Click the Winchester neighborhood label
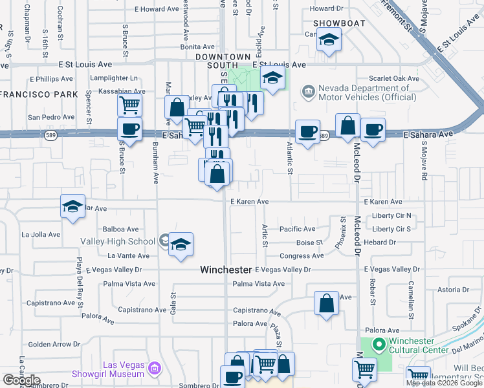[x=225, y=269]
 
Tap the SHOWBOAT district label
[x=339, y=23]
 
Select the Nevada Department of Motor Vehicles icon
[x=308, y=93]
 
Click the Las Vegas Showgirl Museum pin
[x=154, y=369]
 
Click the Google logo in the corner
[x=21, y=380]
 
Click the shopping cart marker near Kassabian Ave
[x=130, y=104]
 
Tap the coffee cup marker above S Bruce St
[x=129, y=130]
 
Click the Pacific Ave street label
[x=297, y=229]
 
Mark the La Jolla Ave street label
[x=41, y=234]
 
